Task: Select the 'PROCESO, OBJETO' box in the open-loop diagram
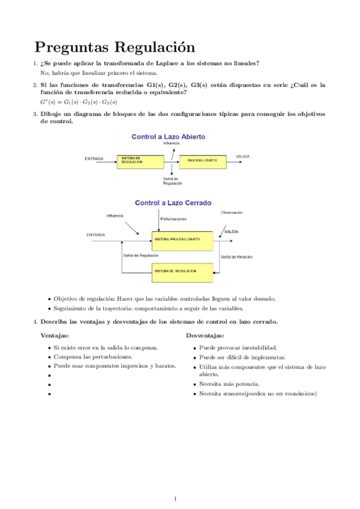[x=202, y=161]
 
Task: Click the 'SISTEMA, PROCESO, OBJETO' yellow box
[x=177, y=239]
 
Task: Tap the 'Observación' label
[x=232, y=212]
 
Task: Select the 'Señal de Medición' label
[x=236, y=257]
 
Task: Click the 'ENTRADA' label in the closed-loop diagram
[x=96, y=235]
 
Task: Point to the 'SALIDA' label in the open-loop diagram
[x=242, y=157]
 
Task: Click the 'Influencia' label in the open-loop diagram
[x=171, y=144]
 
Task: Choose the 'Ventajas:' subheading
[x=55, y=336]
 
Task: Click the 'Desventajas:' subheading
[x=205, y=336]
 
